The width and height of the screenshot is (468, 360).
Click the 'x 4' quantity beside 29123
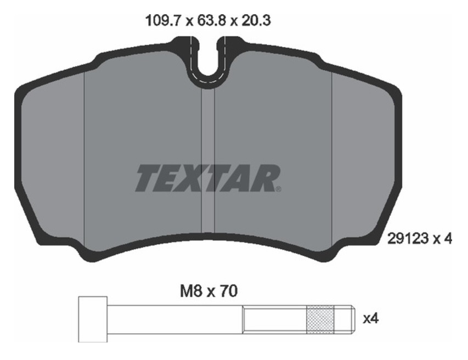pyautogui.click(x=442, y=239)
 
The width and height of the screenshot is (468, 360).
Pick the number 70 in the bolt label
pyautogui.click(x=228, y=291)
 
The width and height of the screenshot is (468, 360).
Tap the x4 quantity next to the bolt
pyautogui.click(x=371, y=318)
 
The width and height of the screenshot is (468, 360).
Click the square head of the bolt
pyautogui.click(x=93, y=319)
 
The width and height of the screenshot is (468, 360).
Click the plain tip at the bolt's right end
pyautogui.click(x=343, y=319)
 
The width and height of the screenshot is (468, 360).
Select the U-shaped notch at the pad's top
pyautogui.click(x=207, y=63)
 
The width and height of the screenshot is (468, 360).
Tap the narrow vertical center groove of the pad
pyautogui.click(x=207, y=159)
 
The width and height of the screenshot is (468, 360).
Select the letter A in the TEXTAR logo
pyautogui.click(x=243, y=178)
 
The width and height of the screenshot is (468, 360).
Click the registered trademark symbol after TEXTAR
pyautogui.click(x=279, y=189)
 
